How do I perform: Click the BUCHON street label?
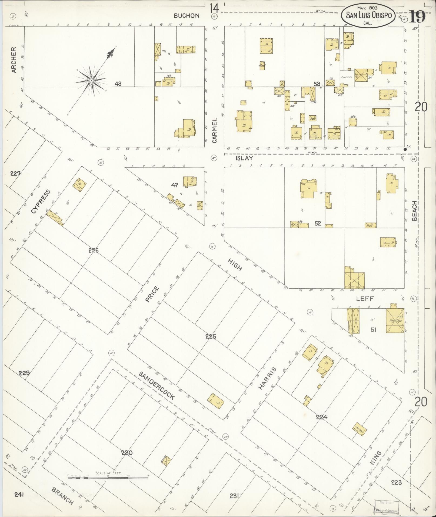pyautogui.click(x=187, y=16)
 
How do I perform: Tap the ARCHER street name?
pyautogui.click(x=14, y=60)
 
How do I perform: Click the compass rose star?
pyautogui.click(x=91, y=80)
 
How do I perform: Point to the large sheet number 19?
pyautogui.click(x=417, y=16)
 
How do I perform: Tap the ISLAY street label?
pyautogui.click(x=244, y=159)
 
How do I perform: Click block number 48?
pyautogui.click(x=118, y=84)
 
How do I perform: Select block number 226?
pyautogui.click(x=94, y=251)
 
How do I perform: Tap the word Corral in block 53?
pyautogui.click(x=347, y=77)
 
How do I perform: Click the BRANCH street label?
pyautogui.click(x=62, y=496)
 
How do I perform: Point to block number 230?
pyautogui.click(x=127, y=452)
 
